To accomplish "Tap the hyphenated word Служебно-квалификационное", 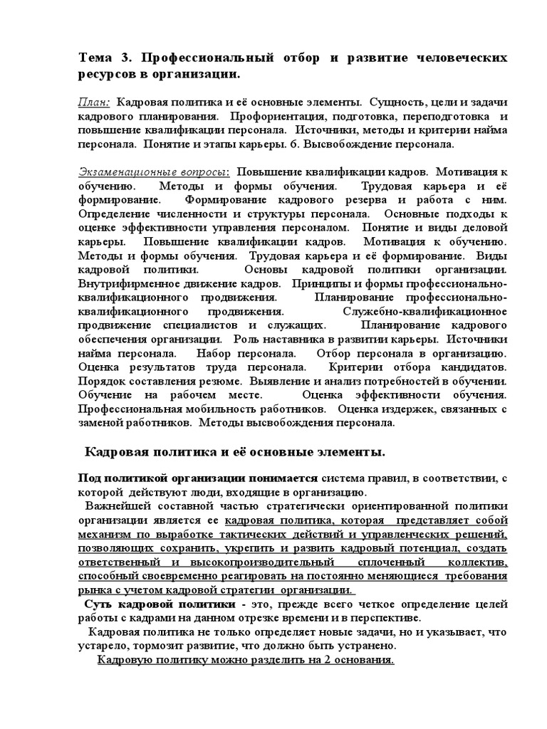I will point(425,312).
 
